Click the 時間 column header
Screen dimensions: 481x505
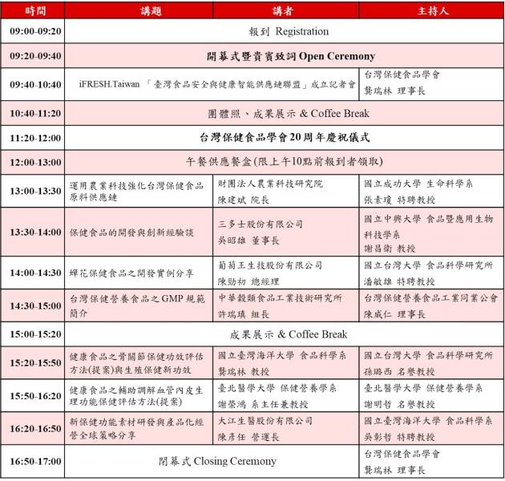pyautogui.click(x=34, y=11)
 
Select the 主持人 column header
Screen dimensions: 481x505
pyautogui.click(x=432, y=11)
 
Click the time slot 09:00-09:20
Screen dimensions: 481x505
pyautogui.click(x=34, y=31)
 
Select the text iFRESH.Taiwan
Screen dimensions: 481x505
pyautogui.click(x=107, y=84)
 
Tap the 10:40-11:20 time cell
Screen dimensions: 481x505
pyautogui.click(x=34, y=114)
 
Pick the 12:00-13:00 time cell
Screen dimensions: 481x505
pyautogui.click(x=34, y=163)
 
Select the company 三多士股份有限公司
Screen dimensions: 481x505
pyautogui.click(x=261, y=224)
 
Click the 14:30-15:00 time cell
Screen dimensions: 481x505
pyautogui.click(x=34, y=305)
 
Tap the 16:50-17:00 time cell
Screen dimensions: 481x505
pyautogui.click(x=34, y=461)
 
